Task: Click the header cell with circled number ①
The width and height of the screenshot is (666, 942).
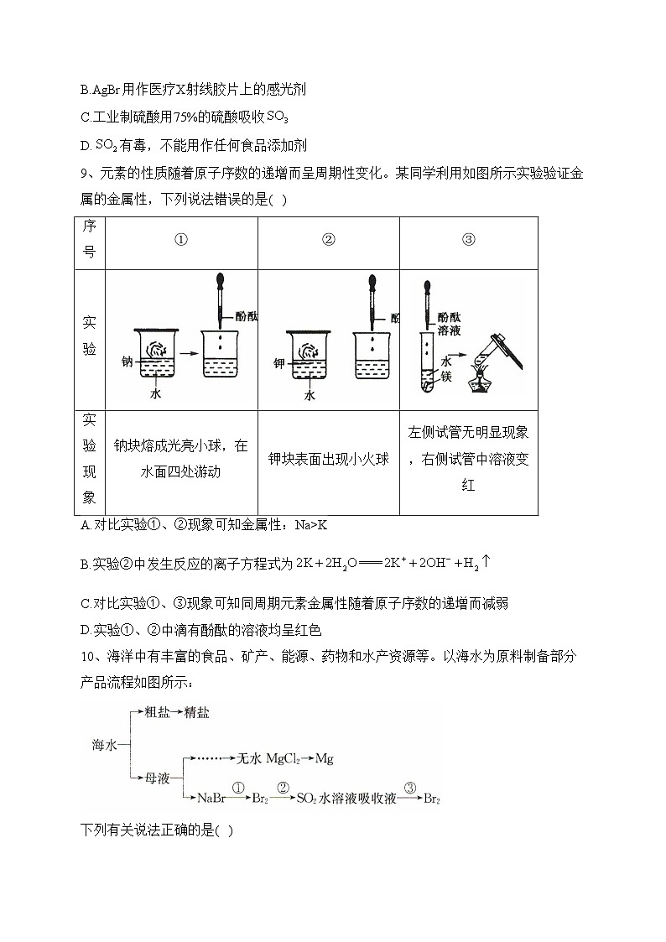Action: (x=181, y=240)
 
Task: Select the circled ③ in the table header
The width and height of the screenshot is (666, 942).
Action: (x=468, y=240)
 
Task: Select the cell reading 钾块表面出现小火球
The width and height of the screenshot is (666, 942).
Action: (x=328, y=460)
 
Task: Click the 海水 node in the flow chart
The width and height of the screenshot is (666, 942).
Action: (x=106, y=744)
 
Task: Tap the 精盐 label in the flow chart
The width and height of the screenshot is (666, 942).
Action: (x=197, y=712)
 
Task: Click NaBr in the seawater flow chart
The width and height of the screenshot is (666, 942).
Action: (x=211, y=799)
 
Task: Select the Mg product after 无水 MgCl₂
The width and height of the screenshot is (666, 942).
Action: (x=323, y=758)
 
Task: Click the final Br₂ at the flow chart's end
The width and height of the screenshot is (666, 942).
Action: (x=431, y=799)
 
